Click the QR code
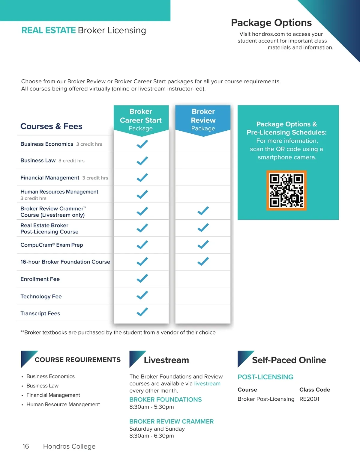coord(286,191)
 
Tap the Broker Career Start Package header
coord(141,120)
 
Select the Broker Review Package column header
coord(203,120)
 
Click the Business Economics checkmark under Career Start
coord(142,144)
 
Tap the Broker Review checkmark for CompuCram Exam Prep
coord(203,245)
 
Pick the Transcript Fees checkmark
coord(142,312)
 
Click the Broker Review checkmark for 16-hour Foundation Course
coord(203,261)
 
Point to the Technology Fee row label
coord(41,296)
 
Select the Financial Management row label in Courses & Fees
coord(50,178)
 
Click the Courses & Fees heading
coord(51,126)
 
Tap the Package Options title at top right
coord(271,23)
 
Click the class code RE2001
coord(309,399)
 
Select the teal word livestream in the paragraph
coord(207,384)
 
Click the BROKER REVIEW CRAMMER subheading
coord(171,421)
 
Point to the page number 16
coord(26,446)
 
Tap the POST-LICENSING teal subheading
coord(265,377)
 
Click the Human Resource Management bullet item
coord(63,404)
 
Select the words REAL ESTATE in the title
coord(49,30)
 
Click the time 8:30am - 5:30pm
coord(151,407)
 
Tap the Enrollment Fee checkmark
coord(142,278)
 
